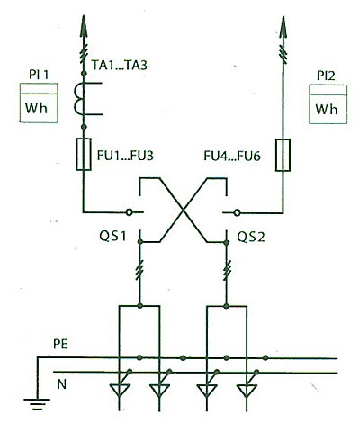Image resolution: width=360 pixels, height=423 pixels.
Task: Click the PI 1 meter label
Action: [x=39, y=75]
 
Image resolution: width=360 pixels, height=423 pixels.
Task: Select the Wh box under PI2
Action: [x=328, y=104]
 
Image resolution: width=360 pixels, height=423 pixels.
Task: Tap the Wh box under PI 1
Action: [x=39, y=103]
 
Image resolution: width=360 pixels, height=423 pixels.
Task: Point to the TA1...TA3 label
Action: [x=120, y=65]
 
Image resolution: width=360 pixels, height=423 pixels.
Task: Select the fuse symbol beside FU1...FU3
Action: [x=84, y=155]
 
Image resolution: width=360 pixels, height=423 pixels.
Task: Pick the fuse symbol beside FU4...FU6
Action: [x=283, y=155]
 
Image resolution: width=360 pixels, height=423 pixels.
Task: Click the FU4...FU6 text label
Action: [x=232, y=156]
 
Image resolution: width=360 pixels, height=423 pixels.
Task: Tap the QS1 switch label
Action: [x=113, y=237]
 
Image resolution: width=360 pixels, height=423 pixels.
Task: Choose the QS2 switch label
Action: [x=251, y=238]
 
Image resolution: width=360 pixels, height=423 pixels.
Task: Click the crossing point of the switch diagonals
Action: [x=184, y=211]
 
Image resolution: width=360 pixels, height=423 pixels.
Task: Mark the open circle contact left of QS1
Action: [x=129, y=212]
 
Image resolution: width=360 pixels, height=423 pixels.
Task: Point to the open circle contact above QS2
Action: [x=238, y=213]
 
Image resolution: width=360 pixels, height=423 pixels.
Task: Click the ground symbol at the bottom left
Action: [x=37, y=404]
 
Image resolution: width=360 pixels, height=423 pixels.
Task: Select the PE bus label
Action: [x=61, y=345]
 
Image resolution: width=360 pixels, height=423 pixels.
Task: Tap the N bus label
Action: [x=61, y=384]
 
